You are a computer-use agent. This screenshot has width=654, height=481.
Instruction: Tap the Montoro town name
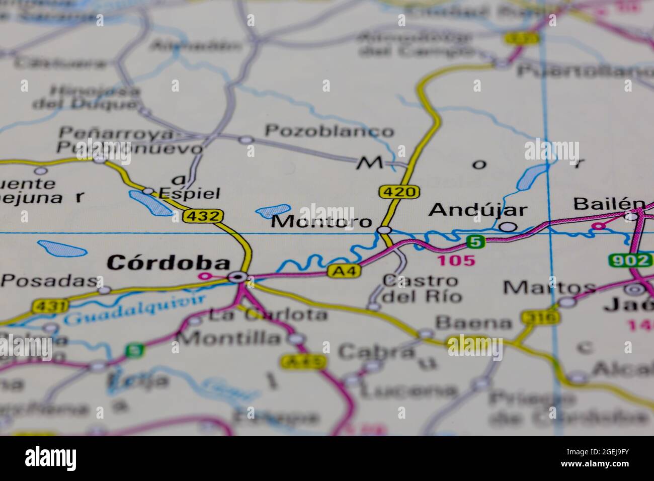pyautogui.click(x=322, y=221)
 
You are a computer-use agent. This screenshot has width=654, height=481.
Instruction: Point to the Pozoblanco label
pyautogui.click(x=330, y=131)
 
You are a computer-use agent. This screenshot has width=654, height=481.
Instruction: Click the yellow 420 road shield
pyautogui.click(x=392, y=192)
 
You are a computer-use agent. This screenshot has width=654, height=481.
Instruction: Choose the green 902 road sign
pyautogui.click(x=629, y=260)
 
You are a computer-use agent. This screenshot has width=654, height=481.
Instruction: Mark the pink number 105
pyautogui.click(x=456, y=260)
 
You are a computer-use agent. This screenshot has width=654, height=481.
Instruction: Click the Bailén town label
pyautogui.click(x=609, y=204)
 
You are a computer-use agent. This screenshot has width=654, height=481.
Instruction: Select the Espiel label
pyautogui.click(x=189, y=193)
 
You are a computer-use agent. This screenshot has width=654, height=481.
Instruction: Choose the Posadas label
pyautogui.click(x=48, y=281)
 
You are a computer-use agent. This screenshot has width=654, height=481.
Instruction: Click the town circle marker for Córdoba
pyautogui.click(x=236, y=277)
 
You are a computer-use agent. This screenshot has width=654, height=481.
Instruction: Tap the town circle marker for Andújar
pyautogui.click(x=509, y=227)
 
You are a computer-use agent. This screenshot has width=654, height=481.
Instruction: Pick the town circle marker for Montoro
pyautogui.click(x=384, y=230)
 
